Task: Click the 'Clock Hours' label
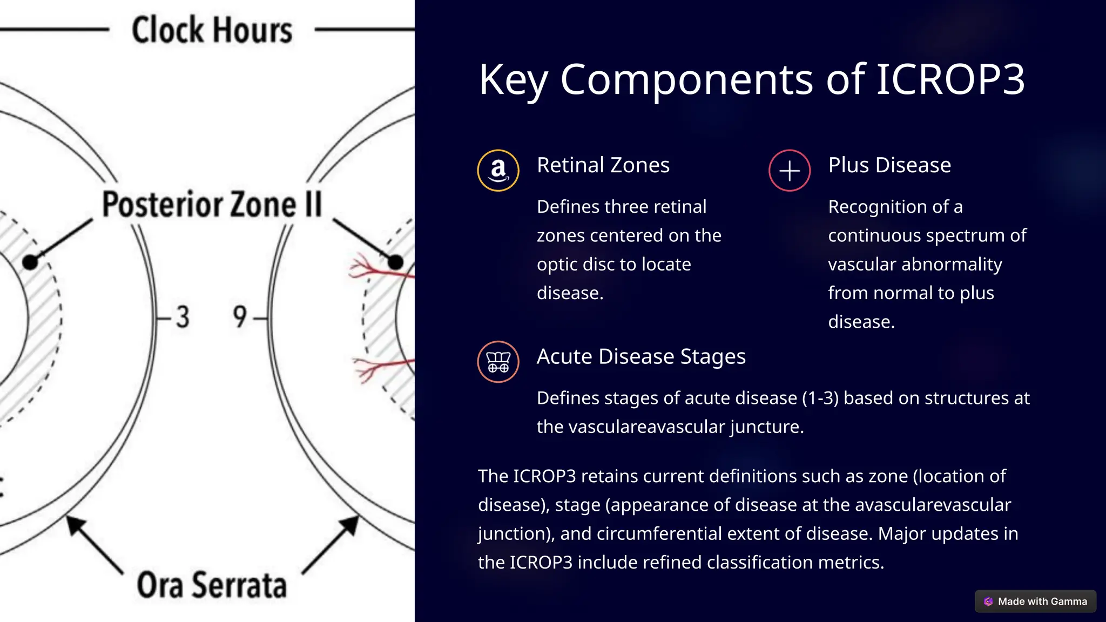(x=212, y=30)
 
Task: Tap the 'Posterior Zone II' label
(x=212, y=205)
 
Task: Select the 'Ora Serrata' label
(x=212, y=585)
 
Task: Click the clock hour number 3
(x=183, y=317)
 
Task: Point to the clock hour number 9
(x=240, y=317)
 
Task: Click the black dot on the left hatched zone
(x=30, y=262)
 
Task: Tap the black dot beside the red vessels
(x=395, y=262)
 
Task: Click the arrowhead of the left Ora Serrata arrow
(x=75, y=524)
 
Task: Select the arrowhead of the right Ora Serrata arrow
(x=350, y=524)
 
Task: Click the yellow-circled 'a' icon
(x=498, y=171)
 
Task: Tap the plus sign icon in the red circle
(x=790, y=171)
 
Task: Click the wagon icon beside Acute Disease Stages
(x=498, y=362)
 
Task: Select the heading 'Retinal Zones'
(x=603, y=165)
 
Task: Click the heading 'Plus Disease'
(x=889, y=165)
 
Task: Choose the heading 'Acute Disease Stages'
(x=641, y=356)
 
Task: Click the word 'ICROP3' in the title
(x=949, y=80)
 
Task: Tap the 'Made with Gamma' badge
(x=1035, y=601)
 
